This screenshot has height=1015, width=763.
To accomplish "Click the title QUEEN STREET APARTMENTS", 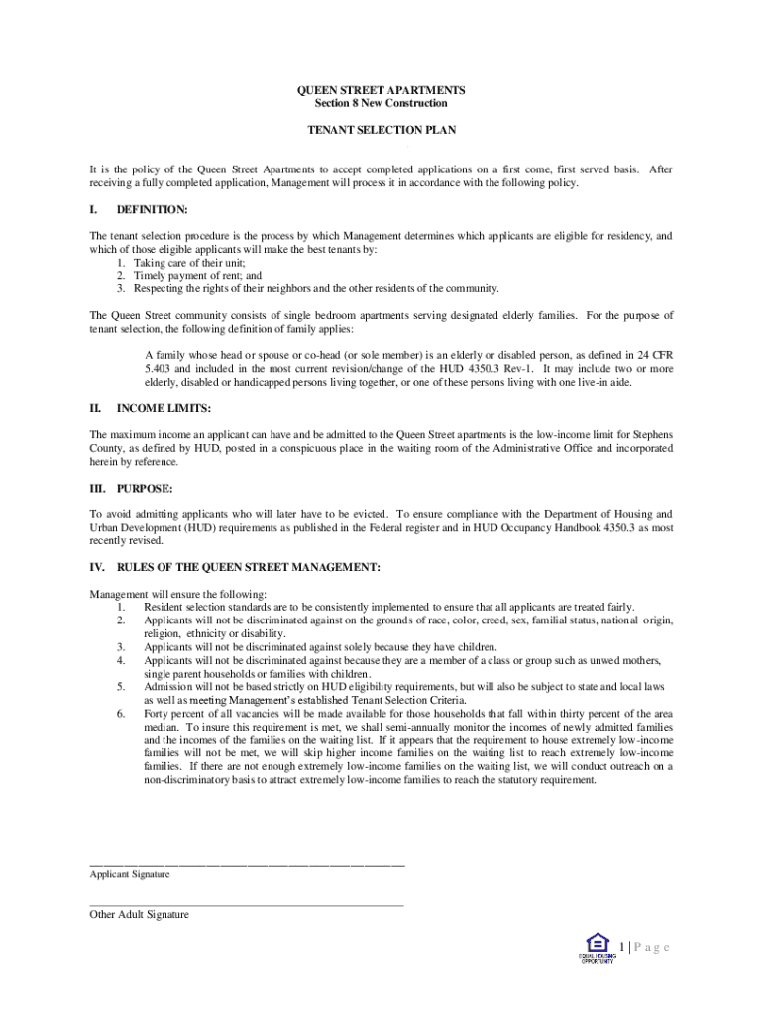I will click(381, 90).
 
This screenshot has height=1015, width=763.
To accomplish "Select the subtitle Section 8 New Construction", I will click(381, 103).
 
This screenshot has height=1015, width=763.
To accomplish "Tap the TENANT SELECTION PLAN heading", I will click(381, 130).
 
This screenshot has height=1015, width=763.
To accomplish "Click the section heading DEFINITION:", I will click(152, 210).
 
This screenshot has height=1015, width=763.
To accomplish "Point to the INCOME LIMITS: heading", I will click(163, 408).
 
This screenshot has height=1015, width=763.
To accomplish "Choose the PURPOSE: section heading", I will click(145, 489).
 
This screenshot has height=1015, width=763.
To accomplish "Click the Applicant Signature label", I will click(130, 875).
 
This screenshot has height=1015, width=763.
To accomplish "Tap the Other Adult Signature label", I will click(139, 915).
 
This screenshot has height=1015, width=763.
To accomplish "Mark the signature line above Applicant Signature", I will click(247, 865).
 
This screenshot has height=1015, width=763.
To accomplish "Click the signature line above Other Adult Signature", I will click(247, 904).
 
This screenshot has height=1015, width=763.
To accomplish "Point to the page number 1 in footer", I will click(622, 948).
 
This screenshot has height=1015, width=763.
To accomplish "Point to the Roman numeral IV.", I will click(97, 567).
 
